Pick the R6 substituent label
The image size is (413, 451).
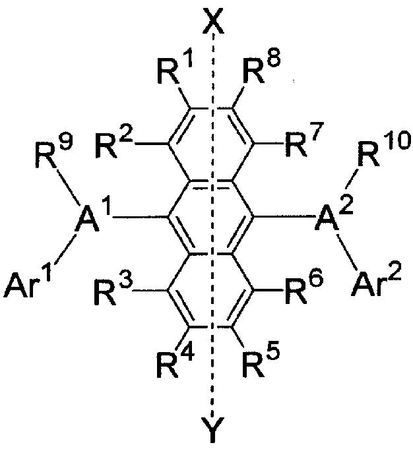click(303, 291)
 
